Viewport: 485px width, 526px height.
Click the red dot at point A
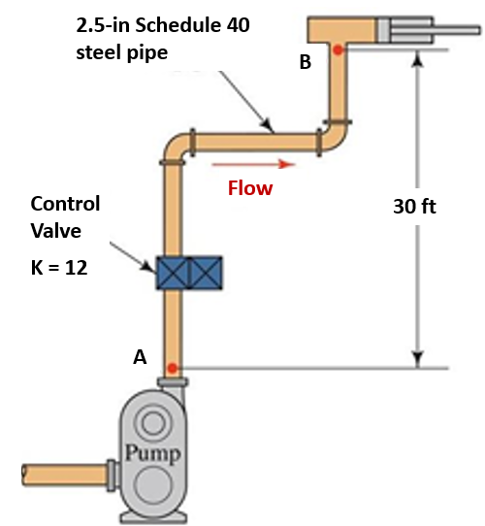coord(172,368)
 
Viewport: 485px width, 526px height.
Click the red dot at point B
coord(337,49)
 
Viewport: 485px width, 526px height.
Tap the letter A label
coord(140,357)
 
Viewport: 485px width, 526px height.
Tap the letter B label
coord(306,63)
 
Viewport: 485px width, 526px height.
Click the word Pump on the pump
coord(151,452)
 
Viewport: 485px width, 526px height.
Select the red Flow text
coord(250,188)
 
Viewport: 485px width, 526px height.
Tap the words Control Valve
coord(65,218)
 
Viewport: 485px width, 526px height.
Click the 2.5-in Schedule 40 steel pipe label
coord(162,38)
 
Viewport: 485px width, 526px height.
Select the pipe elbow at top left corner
coord(176,148)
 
